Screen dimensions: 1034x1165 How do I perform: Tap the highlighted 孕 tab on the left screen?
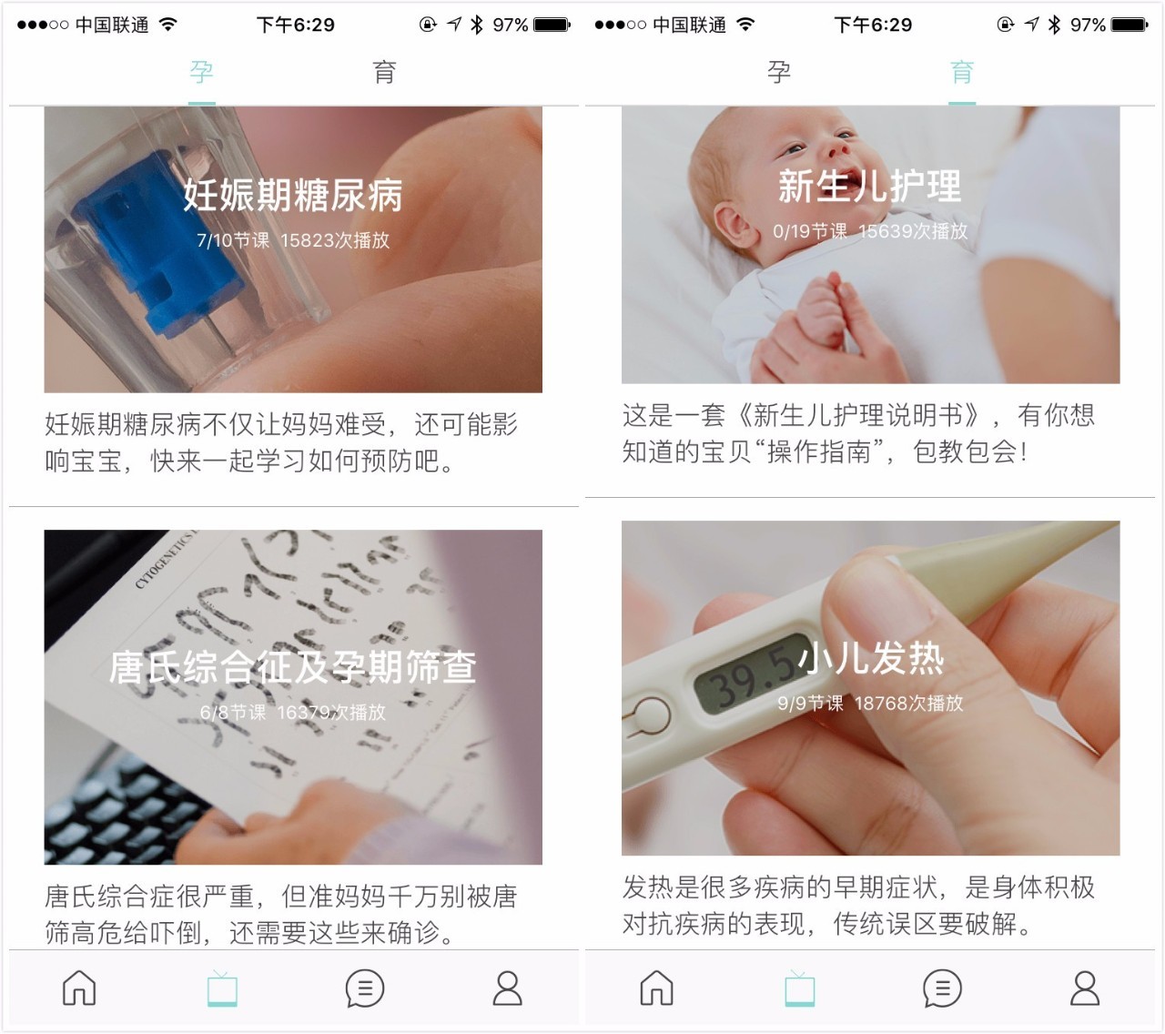(x=201, y=72)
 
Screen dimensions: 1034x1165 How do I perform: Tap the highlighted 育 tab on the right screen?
(x=962, y=72)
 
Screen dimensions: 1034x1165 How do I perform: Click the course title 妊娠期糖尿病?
(x=292, y=195)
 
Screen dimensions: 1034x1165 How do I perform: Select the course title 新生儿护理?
(x=869, y=187)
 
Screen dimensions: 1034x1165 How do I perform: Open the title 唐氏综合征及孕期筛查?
(x=292, y=667)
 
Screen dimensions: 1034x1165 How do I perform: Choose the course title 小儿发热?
(x=871, y=658)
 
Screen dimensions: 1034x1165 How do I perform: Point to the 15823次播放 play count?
(x=335, y=240)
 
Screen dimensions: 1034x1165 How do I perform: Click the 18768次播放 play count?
(x=908, y=703)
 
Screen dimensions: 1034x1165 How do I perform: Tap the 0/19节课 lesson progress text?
(x=809, y=231)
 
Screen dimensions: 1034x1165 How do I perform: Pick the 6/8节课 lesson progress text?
(x=233, y=712)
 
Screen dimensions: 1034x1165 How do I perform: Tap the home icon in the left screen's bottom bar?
(x=79, y=988)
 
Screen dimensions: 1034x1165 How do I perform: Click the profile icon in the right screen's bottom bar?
(x=1084, y=988)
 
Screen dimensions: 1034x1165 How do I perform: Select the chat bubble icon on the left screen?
(x=364, y=988)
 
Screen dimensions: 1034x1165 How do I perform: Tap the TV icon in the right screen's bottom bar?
(x=799, y=988)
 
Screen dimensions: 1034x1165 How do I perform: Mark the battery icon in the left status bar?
(x=552, y=25)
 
